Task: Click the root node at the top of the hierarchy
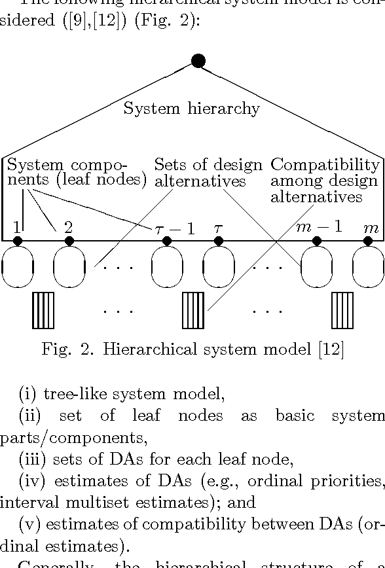point(198,61)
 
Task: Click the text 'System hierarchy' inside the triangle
point(191,109)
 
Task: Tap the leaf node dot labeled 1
point(18,241)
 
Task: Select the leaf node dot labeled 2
point(69,241)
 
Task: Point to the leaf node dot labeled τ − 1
point(167,241)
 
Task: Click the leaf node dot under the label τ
point(219,241)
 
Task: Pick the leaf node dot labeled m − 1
point(317,241)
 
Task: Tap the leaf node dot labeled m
point(368,241)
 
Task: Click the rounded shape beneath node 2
point(69,267)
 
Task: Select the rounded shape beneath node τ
point(219,267)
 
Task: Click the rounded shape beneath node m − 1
point(317,267)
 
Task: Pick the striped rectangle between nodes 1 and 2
point(43,310)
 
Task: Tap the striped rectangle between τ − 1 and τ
point(193,310)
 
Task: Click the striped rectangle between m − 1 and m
point(342,310)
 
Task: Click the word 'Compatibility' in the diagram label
point(325,165)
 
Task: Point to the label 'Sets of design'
point(208,165)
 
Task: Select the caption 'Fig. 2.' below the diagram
point(63,350)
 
